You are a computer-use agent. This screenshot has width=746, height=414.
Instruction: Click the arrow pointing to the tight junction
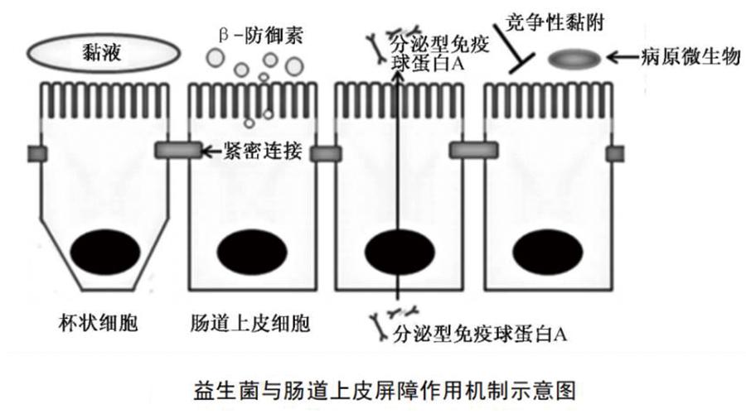212,152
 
